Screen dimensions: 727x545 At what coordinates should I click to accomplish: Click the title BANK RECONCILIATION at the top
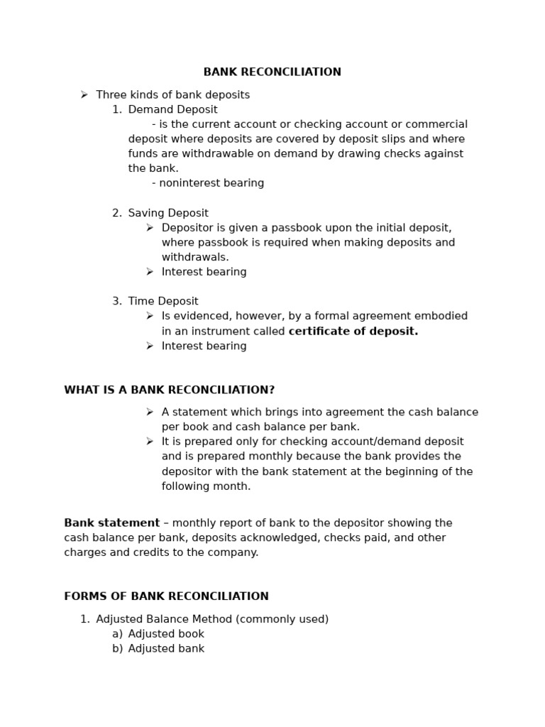pos(272,72)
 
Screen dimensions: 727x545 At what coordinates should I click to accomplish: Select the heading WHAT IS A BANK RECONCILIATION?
pos(169,390)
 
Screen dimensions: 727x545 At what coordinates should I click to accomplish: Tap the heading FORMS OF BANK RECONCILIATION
pos(166,597)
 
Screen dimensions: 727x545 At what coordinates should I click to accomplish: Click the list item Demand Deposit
pos(172,110)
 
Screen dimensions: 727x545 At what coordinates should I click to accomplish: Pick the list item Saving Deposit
pos(168,213)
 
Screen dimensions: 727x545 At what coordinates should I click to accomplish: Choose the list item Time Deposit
pos(163,302)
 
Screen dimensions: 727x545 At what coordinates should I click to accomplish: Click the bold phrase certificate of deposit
pos(353,332)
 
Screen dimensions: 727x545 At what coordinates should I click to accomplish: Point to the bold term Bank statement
pos(111,523)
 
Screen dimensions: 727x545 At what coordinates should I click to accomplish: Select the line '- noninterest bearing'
pos(208,183)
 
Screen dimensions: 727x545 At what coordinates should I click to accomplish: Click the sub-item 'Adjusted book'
pos(166,634)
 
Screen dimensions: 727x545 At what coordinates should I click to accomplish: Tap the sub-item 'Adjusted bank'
pos(166,649)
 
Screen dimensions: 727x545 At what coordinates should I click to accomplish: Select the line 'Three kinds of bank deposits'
pos(172,95)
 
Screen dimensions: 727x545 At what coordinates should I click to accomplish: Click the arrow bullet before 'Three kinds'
pos(84,94)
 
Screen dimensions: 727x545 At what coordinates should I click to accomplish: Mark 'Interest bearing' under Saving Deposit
pos(204,272)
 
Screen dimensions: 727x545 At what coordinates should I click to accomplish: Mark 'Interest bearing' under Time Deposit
pos(204,346)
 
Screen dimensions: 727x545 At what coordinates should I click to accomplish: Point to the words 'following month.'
pos(206,487)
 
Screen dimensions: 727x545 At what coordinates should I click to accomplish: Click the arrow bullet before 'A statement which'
pos(150,412)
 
